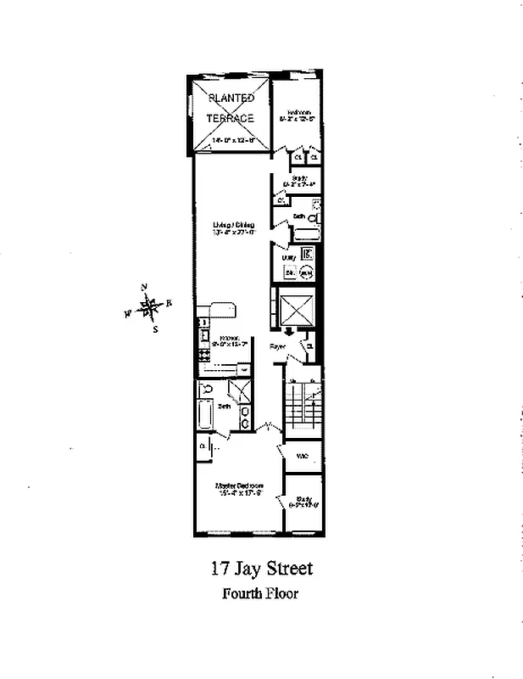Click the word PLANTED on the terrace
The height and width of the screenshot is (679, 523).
(x=231, y=98)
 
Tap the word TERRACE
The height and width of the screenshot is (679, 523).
(x=231, y=119)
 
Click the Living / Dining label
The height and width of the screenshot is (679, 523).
(x=233, y=225)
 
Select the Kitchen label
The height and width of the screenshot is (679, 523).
(x=233, y=337)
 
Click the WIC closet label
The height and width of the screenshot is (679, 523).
(x=302, y=457)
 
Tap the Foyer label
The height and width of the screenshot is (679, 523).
(x=277, y=346)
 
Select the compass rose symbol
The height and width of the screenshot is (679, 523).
(x=149, y=306)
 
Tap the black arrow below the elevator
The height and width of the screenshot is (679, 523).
(x=288, y=332)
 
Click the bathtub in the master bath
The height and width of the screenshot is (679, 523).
(x=205, y=416)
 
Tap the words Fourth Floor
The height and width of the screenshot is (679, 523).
(x=260, y=593)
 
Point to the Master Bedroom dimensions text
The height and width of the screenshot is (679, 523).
(x=238, y=493)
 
